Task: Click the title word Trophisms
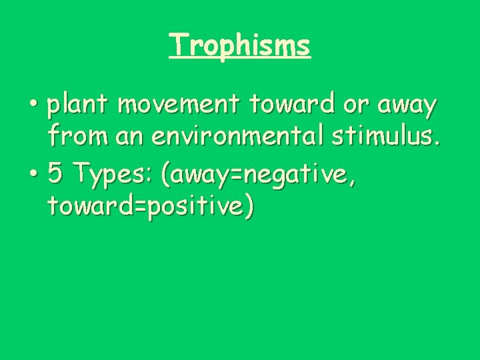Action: tap(240, 45)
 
